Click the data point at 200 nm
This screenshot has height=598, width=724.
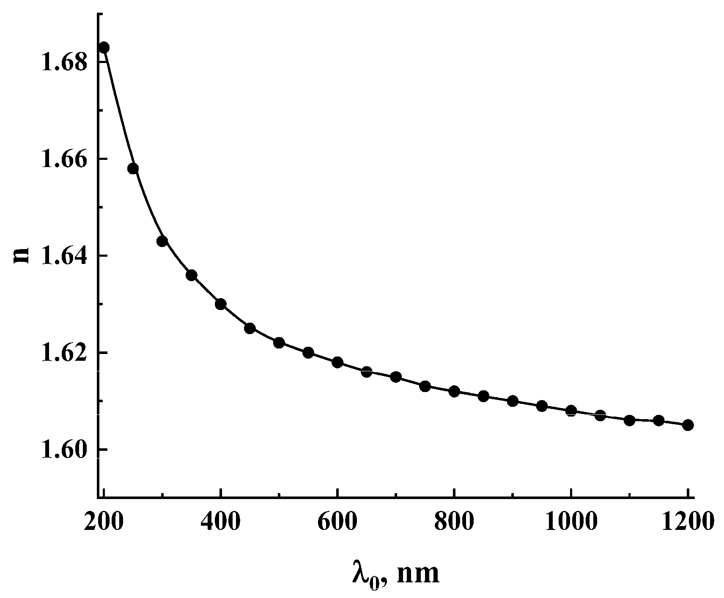click(x=104, y=47)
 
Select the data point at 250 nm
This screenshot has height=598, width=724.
click(x=133, y=169)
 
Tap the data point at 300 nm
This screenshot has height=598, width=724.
click(x=162, y=241)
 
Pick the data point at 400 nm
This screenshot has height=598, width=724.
click(x=220, y=304)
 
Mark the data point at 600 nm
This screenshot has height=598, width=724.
click(x=337, y=362)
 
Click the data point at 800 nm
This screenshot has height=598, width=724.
click(x=454, y=391)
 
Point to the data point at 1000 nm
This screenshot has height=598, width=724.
click(x=571, y=411)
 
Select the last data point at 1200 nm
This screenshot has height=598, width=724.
click(x=688, y=425)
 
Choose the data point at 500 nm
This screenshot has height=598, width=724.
click(x=279, y=343)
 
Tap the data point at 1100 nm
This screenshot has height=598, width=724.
click(x=629, y=420)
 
